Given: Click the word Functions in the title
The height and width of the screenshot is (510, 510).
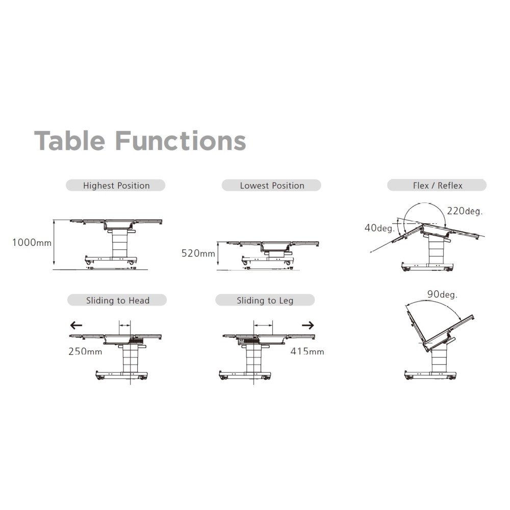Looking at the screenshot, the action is click(181, 141).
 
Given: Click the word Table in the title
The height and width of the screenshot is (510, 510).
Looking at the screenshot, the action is click(69, 141).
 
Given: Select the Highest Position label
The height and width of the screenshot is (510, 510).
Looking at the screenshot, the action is click(116, 186).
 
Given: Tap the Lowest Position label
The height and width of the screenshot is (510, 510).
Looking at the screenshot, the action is click(272, 186).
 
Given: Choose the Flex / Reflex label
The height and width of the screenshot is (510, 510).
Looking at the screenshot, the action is click(437, 186).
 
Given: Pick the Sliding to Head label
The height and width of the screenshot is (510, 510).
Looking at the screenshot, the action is click(117, 300).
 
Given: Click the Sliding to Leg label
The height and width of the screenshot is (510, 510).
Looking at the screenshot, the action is click(265, 300).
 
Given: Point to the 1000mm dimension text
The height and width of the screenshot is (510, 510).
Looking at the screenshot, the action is click(32, 243).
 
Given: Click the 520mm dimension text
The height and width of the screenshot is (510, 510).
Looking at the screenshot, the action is click(198, 253).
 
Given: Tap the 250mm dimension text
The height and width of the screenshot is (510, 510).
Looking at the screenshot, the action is click(85, 351).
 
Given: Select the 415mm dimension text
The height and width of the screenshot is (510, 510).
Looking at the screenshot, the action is click(308, 351).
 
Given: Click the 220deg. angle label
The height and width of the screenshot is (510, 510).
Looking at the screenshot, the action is click(465, 212).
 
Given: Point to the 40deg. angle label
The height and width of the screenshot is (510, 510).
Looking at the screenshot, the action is click(379, 228).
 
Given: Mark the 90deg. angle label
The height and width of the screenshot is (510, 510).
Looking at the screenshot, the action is click(442, 295).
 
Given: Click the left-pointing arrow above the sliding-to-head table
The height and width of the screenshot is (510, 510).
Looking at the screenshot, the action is click(76, 325).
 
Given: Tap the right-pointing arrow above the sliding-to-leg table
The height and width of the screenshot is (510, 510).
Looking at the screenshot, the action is click(308, 325).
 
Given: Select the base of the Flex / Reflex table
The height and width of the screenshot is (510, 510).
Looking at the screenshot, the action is click(427, 267).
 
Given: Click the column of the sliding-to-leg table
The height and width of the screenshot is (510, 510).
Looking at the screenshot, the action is click(254, 359).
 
